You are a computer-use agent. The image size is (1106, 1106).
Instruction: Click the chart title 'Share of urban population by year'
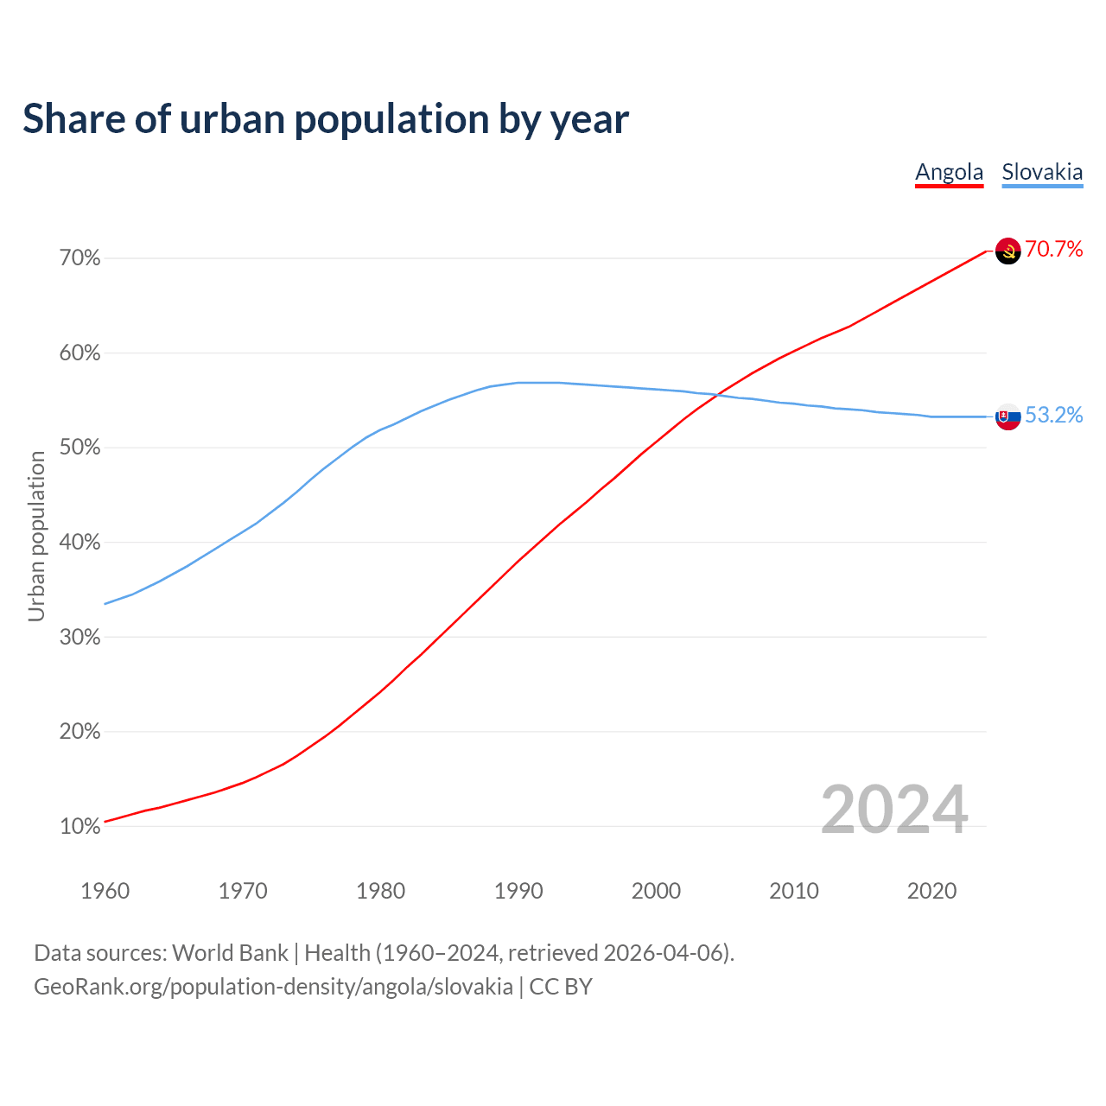[x=326, y=119]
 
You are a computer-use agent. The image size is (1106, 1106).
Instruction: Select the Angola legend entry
[x=949, y=172]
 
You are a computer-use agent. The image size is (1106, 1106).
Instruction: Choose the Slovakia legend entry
[x=1042, y=172]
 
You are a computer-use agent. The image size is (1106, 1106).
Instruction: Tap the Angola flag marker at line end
[x=1008, y=251]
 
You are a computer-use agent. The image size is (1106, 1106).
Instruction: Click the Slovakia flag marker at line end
[x=1008, y=416]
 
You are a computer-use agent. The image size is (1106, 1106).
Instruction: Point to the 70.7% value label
[x=1054, y=250]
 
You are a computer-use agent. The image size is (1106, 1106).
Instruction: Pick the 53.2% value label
[x=1054, y=416]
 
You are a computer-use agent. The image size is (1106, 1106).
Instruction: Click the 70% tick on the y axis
[x=80, y=258]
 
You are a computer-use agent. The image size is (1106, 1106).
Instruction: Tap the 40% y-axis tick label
[x=80, y=543]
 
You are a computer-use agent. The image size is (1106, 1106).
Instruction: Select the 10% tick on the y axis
[x=80, y=827]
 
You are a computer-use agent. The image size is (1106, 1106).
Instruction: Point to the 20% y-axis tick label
[x=80, y=732]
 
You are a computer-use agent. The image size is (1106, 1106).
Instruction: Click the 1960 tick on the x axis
[x=105, y=891]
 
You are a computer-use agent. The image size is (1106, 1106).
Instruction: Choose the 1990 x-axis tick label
[x=518, y=891]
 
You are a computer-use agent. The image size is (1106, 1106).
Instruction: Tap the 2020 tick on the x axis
[x=931, y=891]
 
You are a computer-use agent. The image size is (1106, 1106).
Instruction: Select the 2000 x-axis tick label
[x=656, y=891]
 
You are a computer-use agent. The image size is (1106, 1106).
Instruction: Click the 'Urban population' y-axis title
[x=36, y=537]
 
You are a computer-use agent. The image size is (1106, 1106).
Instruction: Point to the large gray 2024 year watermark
[x=894, y=810]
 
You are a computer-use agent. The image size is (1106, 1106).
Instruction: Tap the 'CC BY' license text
[x=561, y=987]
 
